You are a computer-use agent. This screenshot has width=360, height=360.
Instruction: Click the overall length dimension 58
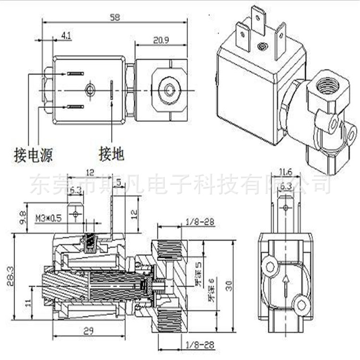pyautogui.click(x=114, y=17)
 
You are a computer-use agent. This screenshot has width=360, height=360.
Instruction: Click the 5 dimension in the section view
pyautogui.click(x=119, y=181)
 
